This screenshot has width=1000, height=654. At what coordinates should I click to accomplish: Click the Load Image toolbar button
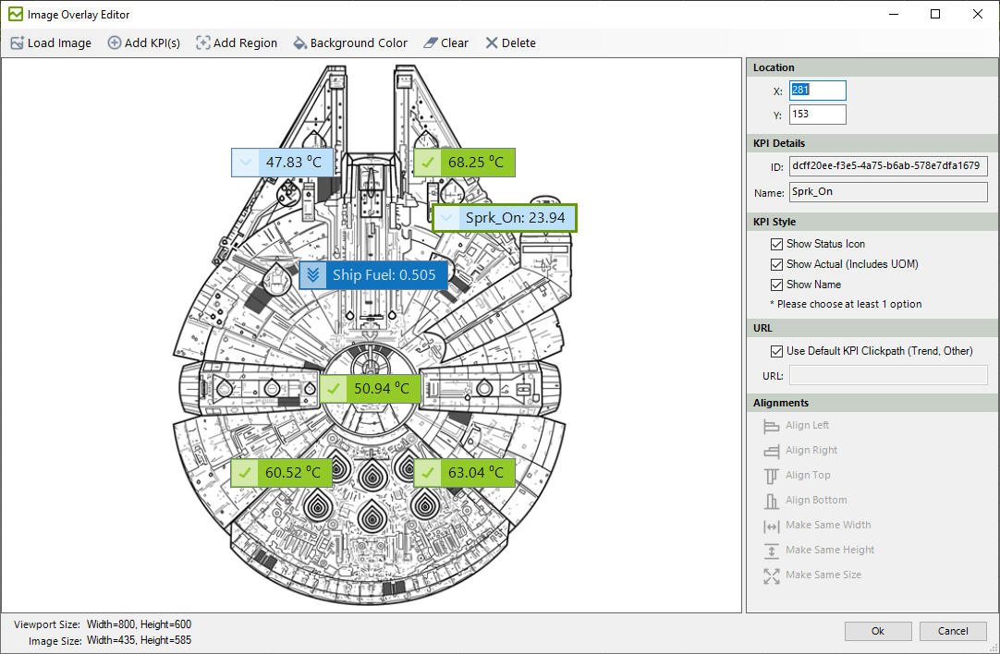[x=51, y=42]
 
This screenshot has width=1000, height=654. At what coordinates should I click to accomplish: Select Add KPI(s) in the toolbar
[x=143, y=42]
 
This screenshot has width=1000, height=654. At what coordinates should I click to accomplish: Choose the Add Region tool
[x=237, y=42]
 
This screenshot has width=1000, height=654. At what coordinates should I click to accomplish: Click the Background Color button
[x=350, y=42]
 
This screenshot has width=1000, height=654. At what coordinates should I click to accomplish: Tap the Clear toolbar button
[x=445, y=42]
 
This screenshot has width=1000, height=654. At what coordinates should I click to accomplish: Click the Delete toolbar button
[x=510, y=42]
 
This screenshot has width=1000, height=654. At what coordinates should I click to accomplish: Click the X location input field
[x=818, y=91]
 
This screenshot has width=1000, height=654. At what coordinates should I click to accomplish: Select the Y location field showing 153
[x=818, y=115]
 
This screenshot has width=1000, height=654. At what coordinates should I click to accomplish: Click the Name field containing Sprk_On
[x=888, y=192]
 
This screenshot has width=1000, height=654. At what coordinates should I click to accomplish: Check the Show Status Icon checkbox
[x=776, y=244]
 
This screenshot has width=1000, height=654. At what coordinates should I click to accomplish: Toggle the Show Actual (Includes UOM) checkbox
[x=776, y=264]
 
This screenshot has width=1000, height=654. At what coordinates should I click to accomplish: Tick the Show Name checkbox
[x=776, y=285]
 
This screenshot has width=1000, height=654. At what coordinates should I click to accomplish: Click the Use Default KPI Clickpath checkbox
[x=776, y=351]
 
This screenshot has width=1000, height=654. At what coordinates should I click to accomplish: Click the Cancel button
[x=953, y=631]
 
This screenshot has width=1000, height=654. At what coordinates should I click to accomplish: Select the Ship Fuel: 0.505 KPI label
[x=373, y=274]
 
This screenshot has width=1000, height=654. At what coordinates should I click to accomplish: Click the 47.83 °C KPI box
[x=282, y=163]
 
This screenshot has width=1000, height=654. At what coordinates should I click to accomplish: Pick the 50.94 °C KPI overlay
[x=370, y=388]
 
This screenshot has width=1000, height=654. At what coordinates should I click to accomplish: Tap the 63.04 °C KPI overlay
[x=464, y=473]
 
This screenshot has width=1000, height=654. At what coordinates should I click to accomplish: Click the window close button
[x=978, y=14]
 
